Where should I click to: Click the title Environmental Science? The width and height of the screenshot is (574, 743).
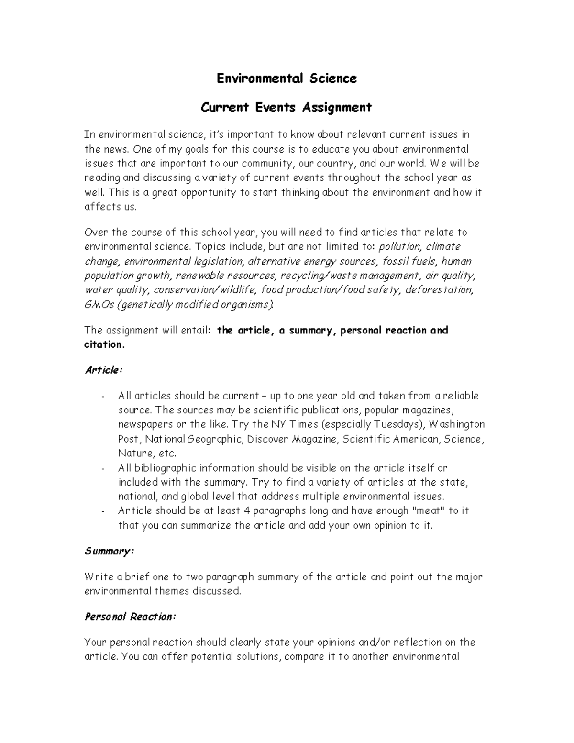(x=287, y=78)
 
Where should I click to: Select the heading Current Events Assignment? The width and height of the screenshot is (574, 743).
(x=286, y=107)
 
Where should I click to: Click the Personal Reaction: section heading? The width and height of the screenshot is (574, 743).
(x=131, y=617)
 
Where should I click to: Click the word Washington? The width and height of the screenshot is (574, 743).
(x=457, y=424)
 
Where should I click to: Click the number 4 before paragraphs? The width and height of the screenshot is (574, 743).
(x=247, y=511)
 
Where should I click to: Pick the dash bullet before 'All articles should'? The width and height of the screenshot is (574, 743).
(x=103, y=397)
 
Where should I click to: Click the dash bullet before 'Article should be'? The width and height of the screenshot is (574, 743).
(x=103, y=511)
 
